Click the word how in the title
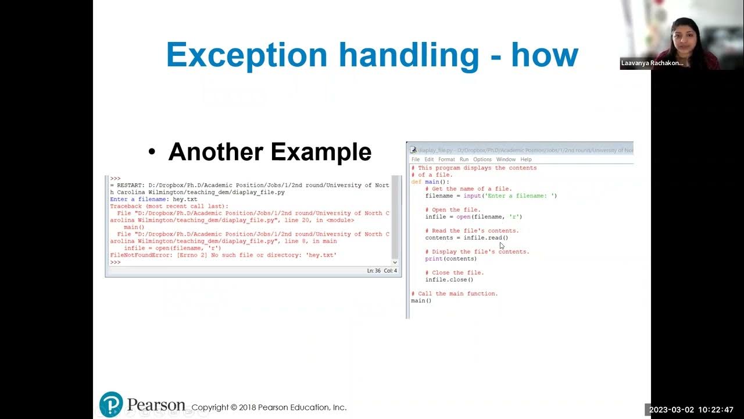click(545, 55)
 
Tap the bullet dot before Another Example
click(152, 152)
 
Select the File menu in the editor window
click(416, 159)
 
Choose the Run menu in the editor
click(464, 159)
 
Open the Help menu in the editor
click(525, 159)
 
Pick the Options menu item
click(482, 159)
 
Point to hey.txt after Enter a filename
click(185, 200)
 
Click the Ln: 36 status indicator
click(373, 271)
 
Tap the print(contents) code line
click(450, 259)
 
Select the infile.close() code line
click(449, 280)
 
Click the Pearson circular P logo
click(111, 404)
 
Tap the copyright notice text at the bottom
click(269, 407)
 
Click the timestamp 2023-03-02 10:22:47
click(692, 410)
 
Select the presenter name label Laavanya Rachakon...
click(652, 63)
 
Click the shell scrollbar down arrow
click(395, 262)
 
